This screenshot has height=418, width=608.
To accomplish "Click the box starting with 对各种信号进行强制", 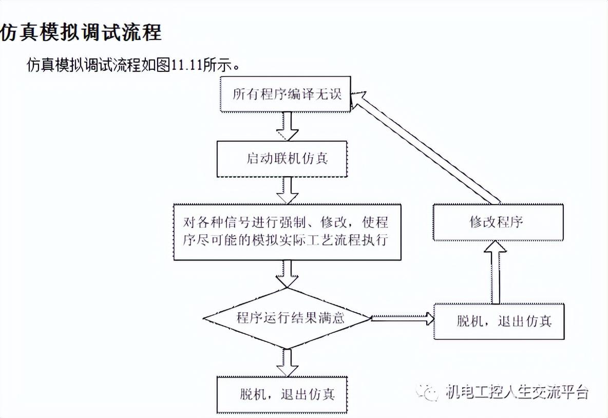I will [287, 232].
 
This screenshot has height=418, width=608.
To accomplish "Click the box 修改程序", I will [496, 222].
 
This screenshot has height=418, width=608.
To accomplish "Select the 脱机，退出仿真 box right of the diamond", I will [499, 322].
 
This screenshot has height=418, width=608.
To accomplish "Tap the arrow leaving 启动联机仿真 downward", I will [287, 190].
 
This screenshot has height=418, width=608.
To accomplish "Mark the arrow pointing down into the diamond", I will [287, 274].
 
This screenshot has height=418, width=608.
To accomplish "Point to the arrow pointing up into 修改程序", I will [496, 272].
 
